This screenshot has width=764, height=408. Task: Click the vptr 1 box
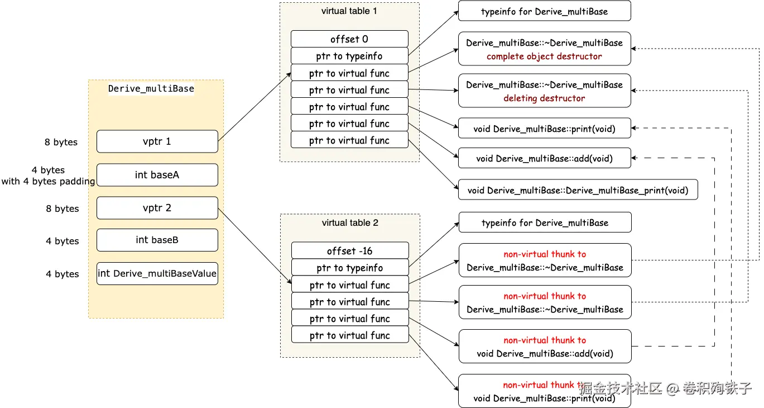tap(157, 141)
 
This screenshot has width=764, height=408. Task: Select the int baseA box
tap(157, 175)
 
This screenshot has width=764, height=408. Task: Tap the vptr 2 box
tap(157, 208)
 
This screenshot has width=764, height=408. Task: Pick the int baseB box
tap(157, 240)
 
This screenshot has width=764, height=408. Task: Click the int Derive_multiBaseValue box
tap(157, 273)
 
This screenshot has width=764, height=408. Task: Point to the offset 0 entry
tap(349, 39)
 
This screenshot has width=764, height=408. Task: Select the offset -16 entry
tap(349, 251)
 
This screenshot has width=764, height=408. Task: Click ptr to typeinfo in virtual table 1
tap(349, 56)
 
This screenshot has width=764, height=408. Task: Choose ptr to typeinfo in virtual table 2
tap(349, 268)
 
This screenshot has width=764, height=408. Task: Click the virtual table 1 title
tap(349, 11)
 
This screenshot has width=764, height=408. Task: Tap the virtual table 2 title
tap(350, 223)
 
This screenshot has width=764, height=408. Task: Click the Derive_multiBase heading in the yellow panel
tap(151, 88)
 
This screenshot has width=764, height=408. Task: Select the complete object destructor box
tap(544, 49)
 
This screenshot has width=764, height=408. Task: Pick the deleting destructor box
tap(544, 91)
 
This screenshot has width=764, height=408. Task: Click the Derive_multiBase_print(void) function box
tap(578, 191)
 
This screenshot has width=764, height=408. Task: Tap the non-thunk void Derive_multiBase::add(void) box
tap(544, 158)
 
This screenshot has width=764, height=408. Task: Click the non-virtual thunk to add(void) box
tap(544, 347)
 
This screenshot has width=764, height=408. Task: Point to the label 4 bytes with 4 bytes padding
tap(48, 175)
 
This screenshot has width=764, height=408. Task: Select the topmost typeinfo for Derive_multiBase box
tap(544, 11)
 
